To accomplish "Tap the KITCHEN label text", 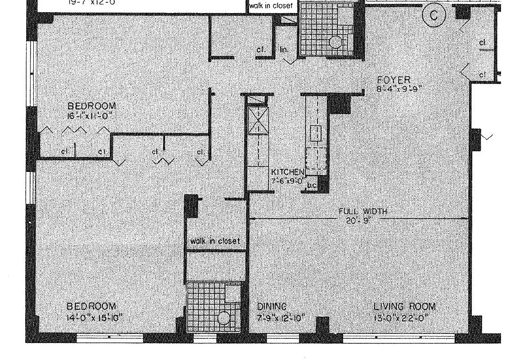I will point(287,172).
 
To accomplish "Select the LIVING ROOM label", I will point(405,307).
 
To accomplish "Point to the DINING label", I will point(272,307).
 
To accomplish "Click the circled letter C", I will point(434,16).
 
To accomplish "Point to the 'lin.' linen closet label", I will point(284,49).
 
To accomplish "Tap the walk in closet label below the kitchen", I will point(215,241).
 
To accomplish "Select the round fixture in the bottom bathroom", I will point(224,318).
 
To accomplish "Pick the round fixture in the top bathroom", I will point(336,42).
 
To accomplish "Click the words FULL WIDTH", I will point(362,211).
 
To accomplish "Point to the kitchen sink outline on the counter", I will point(316,134).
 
